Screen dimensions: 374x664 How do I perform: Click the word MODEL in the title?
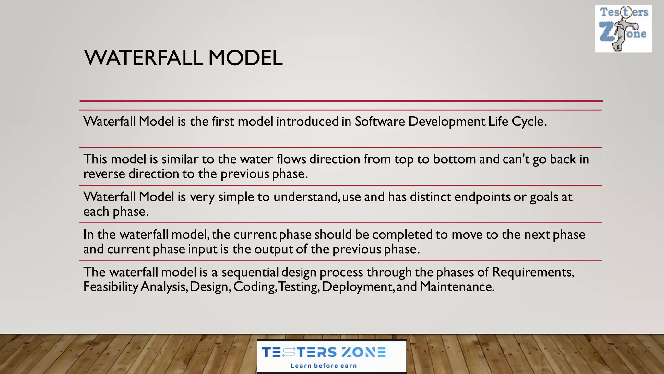(x=245, y=58)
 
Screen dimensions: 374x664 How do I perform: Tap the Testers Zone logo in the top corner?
(x=623, y=29)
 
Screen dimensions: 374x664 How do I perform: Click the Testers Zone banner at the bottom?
(x=331, y=356)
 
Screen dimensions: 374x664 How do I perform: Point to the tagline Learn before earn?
(x=324, y=366)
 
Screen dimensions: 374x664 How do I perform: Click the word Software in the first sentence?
(x=380, y=121)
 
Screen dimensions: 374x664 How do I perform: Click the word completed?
(x=402, y=234)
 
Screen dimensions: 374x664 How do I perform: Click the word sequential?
(x=250, y=272)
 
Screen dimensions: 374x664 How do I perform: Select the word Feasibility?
(x=111, y=287)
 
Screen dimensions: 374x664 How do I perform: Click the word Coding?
(x=254, y=287)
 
